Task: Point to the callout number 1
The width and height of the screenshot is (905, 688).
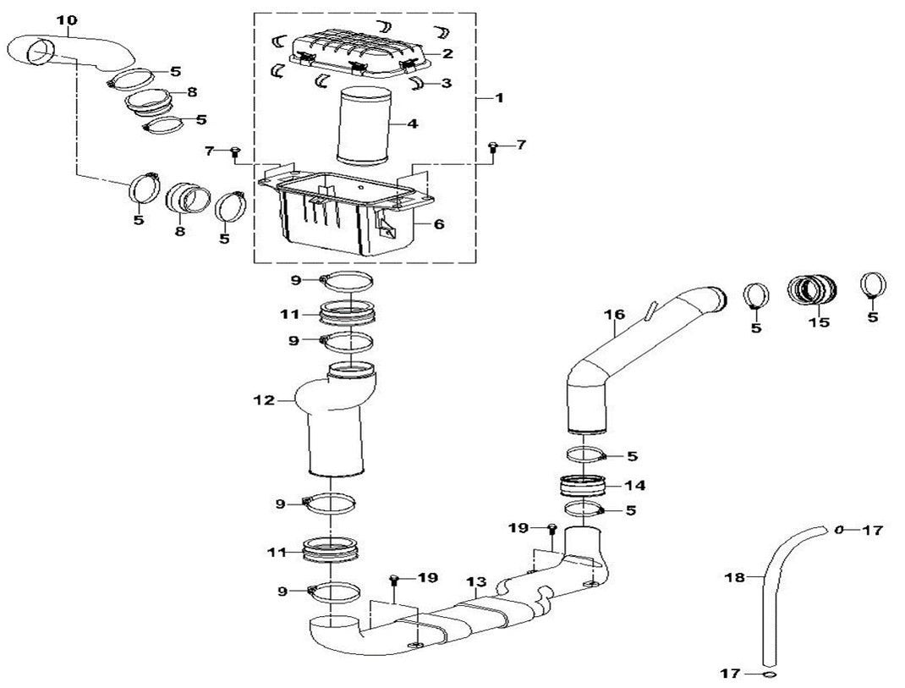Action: (499, 98)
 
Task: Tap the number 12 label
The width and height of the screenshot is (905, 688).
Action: (266, 399)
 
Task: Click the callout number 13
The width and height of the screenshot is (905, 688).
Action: (476, 581)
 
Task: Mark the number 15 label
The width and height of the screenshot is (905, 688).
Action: (818, 322)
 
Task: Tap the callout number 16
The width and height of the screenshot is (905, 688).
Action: (614, 315)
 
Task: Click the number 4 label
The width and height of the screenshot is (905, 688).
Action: (412, 124)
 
